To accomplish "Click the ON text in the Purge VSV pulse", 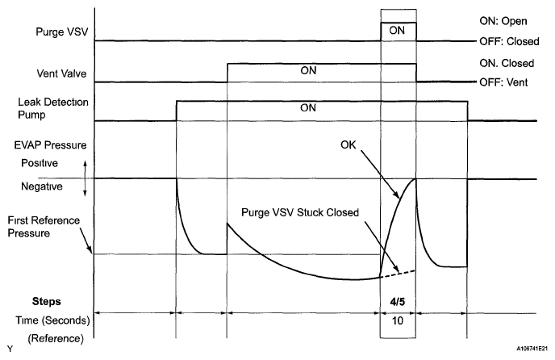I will point(399,31).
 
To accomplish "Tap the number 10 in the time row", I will point(399,320).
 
